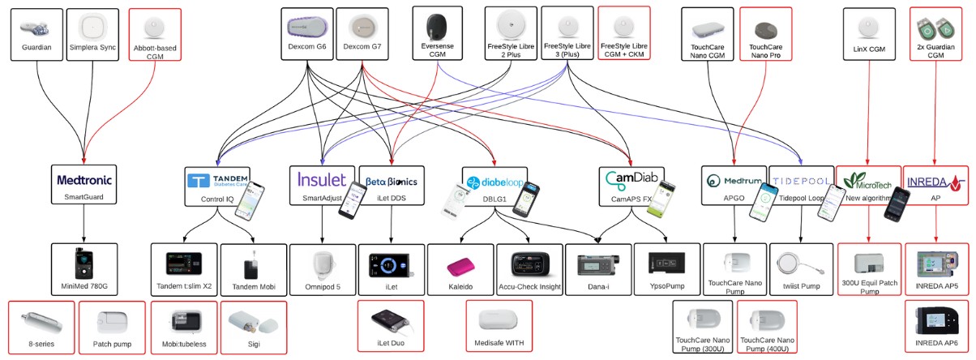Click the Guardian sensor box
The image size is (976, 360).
click(37, 34)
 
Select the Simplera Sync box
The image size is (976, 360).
click(93, 34)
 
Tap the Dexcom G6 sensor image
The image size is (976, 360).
click(307, 27)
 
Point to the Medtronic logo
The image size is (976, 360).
click(84, 178)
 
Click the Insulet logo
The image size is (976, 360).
click(322, 178)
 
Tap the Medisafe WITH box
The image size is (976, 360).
click(499, 326)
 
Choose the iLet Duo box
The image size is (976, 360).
click(391, 326)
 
